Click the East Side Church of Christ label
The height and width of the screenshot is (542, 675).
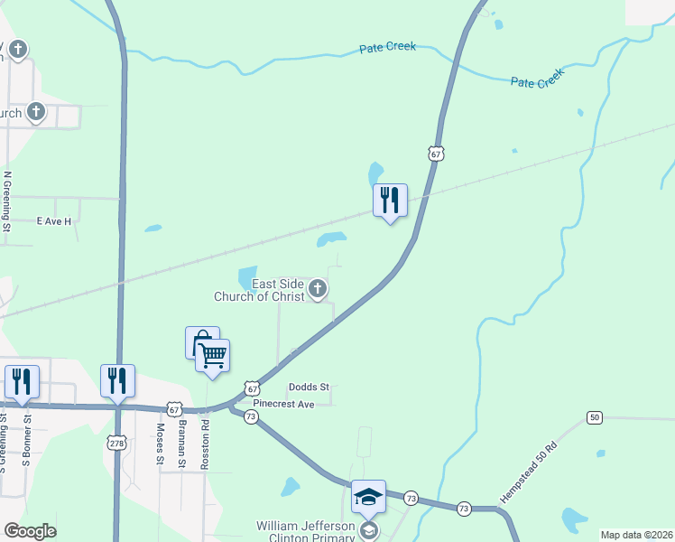(260, 290)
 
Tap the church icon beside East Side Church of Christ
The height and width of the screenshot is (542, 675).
(317, 289)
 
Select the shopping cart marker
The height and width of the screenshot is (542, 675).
(212, 355)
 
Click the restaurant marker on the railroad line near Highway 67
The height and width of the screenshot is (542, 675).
(390, 201)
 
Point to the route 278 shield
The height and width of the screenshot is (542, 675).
(117, 442)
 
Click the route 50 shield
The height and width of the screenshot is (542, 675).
(594, 416)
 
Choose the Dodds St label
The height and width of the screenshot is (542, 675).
(306, 388)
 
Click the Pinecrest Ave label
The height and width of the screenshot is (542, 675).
(283, 404)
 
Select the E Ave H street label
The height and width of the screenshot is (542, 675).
(53, 220)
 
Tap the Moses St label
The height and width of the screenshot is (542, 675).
(160, 444)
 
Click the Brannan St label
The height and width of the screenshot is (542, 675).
(182, 444)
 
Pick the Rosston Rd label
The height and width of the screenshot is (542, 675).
(206, 443)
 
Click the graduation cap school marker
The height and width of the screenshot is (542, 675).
(368, 497)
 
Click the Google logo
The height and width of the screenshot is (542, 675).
(30, 531)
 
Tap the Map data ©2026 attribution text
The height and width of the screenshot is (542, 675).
(636, 535)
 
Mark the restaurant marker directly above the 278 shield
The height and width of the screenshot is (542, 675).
(117, 380)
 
